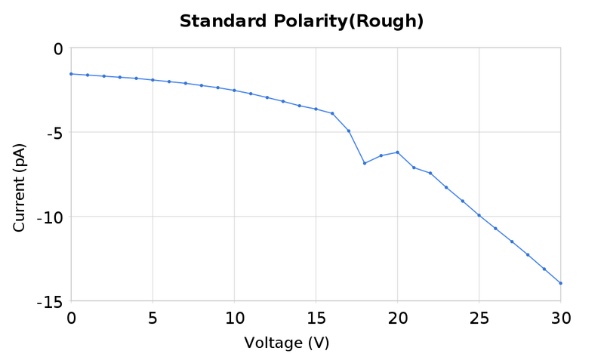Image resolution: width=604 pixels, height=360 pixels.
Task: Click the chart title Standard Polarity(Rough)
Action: pyautogui.click(x=301, y=21)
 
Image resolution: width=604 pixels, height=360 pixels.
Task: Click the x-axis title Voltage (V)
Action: pyautogui.click(x=286, y=343)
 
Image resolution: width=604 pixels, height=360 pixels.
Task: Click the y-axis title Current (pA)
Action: pyautogui.click(x=20, y=186)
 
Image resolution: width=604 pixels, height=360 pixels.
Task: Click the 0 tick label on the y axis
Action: pyautogui.click(x=57, y=49)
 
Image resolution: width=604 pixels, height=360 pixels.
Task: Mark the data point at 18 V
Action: pyautogui.click(x=365, y=163)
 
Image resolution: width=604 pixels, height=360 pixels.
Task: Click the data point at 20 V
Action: pyautogui.click(x=397, y=152)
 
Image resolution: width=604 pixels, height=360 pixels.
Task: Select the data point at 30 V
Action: pyautogui.click(x=560, y=283)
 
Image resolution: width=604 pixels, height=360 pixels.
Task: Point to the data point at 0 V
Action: pyautogui.click(x=71, y=74)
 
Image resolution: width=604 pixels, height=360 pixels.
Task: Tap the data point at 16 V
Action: pyautogui.click(x=332, y=113)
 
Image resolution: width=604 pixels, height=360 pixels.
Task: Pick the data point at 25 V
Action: pyautogui.click(x=479, y=215)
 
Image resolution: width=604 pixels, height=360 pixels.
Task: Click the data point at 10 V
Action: pyautogui.click(x=234, y=91)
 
